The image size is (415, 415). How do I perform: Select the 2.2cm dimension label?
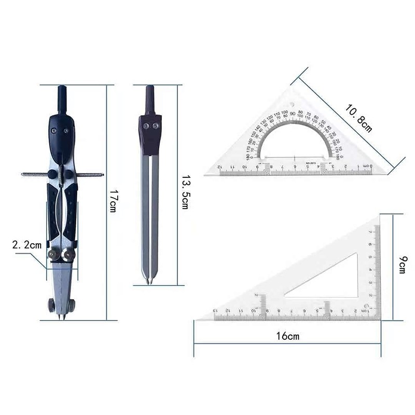point(26,244)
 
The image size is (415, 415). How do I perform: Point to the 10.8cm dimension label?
point(359,117)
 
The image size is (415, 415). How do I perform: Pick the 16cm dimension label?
point(288,336)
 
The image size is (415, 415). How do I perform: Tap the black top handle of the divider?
point(150,99)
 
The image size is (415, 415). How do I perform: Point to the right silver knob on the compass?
point(68,255)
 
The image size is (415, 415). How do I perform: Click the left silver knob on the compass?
point(54,255)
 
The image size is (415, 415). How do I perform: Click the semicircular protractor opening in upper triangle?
point(295,143)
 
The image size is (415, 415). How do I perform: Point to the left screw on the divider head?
point(146,125)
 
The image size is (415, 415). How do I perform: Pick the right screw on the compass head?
point(66,131)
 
